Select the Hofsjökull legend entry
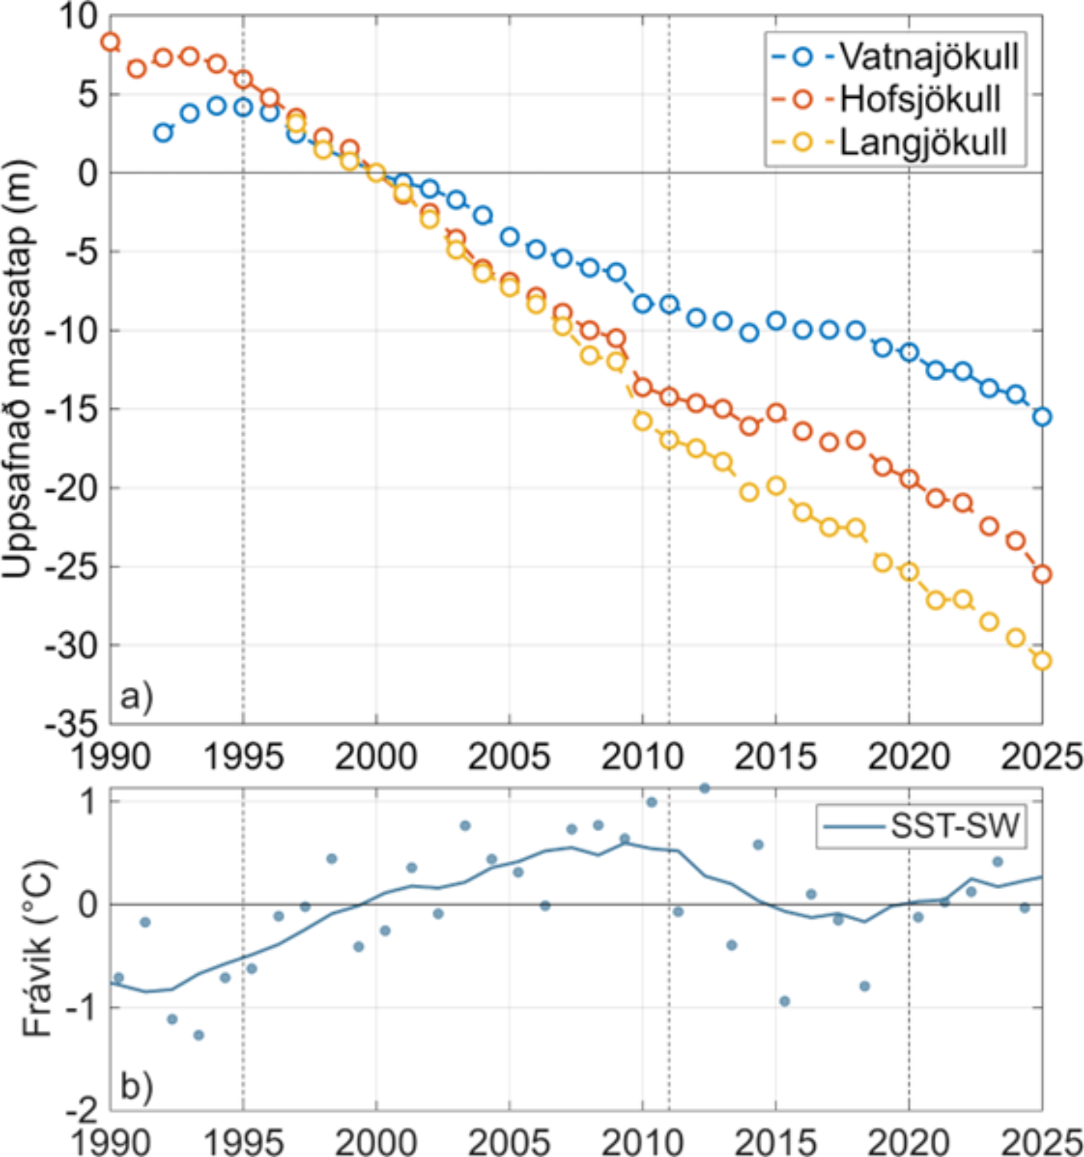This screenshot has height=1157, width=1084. pyautogui.click(x=920, y=100)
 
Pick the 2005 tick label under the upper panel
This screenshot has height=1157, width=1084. pyautogui.click(x=510, y=757)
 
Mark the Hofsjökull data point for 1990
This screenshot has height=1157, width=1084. pyautogui.click(x=110, y=41)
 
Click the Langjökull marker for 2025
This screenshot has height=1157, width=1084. pyautogui.click(x=1042, y=661)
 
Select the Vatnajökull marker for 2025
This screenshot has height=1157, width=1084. pyautogui.click(x=1042, y=417)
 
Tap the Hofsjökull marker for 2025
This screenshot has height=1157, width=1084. pyautogui.click(x=1042, y=574)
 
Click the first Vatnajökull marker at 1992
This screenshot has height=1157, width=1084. pyautogui.click(x=164, y=132)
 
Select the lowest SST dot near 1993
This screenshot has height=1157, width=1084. pyautogui.click(x=199, y=1035)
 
